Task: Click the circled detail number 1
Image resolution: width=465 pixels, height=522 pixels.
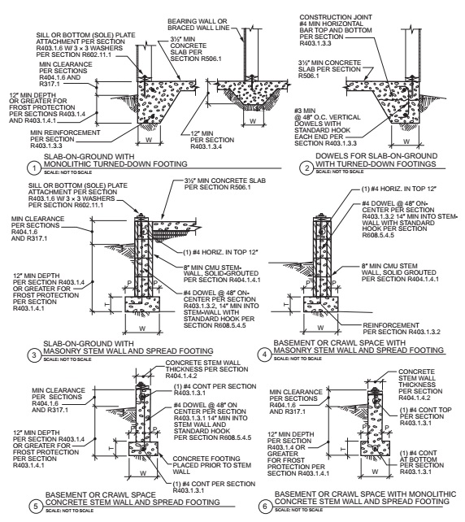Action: pos(33,168)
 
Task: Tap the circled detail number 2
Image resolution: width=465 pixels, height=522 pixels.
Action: pos(306,168)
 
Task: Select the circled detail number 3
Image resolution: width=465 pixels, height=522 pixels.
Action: pos(33,355)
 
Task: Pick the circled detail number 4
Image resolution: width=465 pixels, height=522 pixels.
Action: pos(264,355)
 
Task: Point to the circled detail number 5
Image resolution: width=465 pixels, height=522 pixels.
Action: pos(36,507)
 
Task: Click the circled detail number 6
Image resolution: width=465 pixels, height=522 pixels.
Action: pos(265,507)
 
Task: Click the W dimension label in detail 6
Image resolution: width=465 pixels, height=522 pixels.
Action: pos(375,472)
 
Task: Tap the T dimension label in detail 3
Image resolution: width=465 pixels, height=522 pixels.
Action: pos(107,304)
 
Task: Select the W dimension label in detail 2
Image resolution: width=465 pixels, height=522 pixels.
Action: pos(406,141)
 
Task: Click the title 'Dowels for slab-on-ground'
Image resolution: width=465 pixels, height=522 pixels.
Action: pos(376,156)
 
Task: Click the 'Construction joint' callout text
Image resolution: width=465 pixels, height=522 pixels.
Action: pos(336,17)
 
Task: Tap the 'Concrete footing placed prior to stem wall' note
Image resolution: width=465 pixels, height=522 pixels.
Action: pos(211,465)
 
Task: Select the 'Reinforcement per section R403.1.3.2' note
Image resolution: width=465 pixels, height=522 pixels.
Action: pos(402,328)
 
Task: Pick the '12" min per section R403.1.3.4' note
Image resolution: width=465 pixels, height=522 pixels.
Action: pos(212,140)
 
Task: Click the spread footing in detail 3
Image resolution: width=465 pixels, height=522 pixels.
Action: pos(142,304)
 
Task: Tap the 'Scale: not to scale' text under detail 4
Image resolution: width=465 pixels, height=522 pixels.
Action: pos(298,359)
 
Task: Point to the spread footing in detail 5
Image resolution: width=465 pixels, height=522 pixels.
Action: pos(143,449)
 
